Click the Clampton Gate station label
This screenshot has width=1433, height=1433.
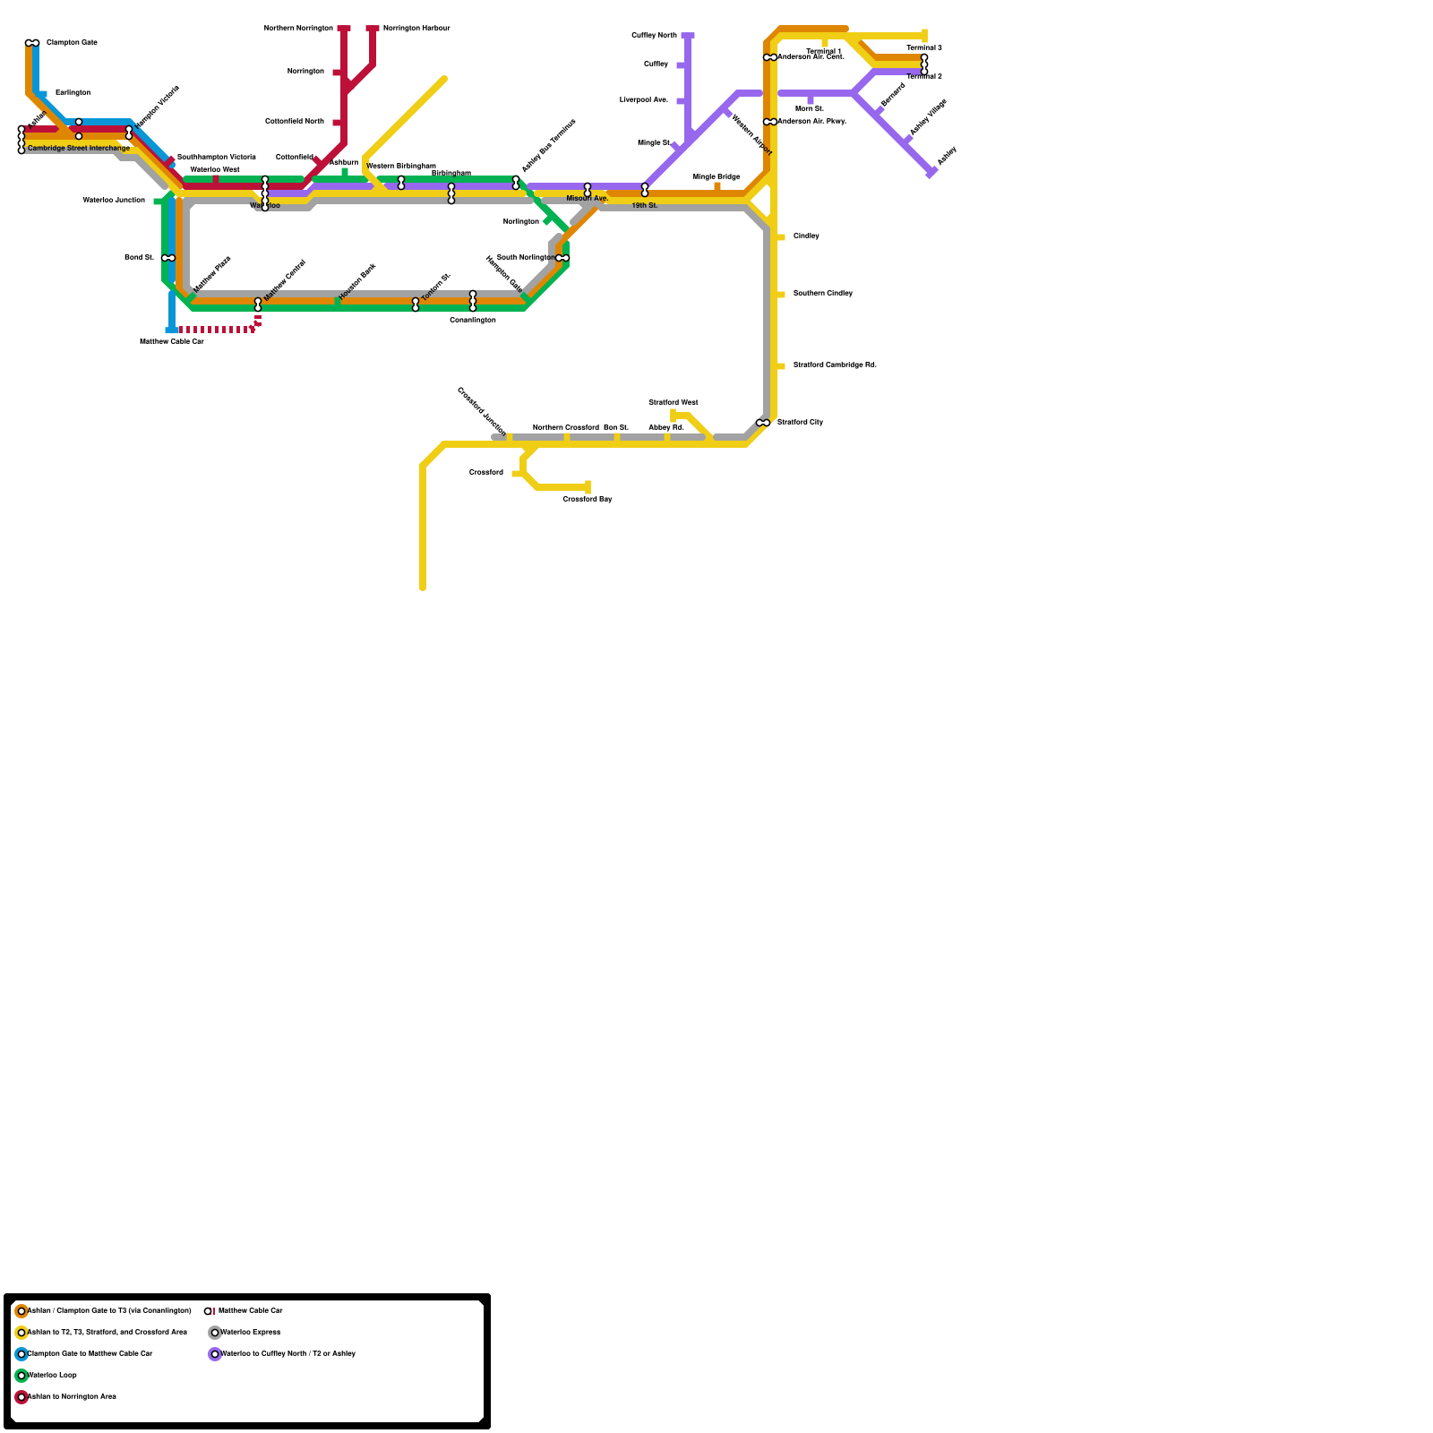[x=72, y=43]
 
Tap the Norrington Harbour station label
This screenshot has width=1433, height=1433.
[x=416, y=29]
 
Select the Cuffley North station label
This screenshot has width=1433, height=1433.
[x=654, y=36]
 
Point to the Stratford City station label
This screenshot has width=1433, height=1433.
[x=800, y=422]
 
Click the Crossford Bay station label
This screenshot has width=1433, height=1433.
[x=588, y=499]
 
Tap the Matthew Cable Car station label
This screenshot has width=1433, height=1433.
[x=172, y=341]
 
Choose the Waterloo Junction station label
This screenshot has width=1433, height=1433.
[x=114, y=201]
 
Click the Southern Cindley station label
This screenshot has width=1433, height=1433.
[x=822, y=294]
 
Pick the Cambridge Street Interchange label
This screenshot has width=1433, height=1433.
[x=79, y=148]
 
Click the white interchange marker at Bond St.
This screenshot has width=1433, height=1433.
[x=168, y=258]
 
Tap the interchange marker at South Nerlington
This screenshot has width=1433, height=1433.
[x=562, y=258]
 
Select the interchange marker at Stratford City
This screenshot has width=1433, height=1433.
[x=763, y=423]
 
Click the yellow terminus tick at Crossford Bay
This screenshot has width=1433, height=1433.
[x=588, y=487]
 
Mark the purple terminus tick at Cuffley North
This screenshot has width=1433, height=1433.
[x=688, y=36]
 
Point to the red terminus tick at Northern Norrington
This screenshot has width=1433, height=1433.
[x=344, y=29]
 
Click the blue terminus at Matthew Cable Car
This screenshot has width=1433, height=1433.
[x=172, y=330]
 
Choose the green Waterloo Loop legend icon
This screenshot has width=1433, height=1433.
[x=21, y=1376]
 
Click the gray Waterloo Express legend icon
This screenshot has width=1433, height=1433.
[x=215, y=1333]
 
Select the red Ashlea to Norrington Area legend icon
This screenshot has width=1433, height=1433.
[x=21, y=1397]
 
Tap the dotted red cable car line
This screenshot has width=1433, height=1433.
[x=215, y=330]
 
